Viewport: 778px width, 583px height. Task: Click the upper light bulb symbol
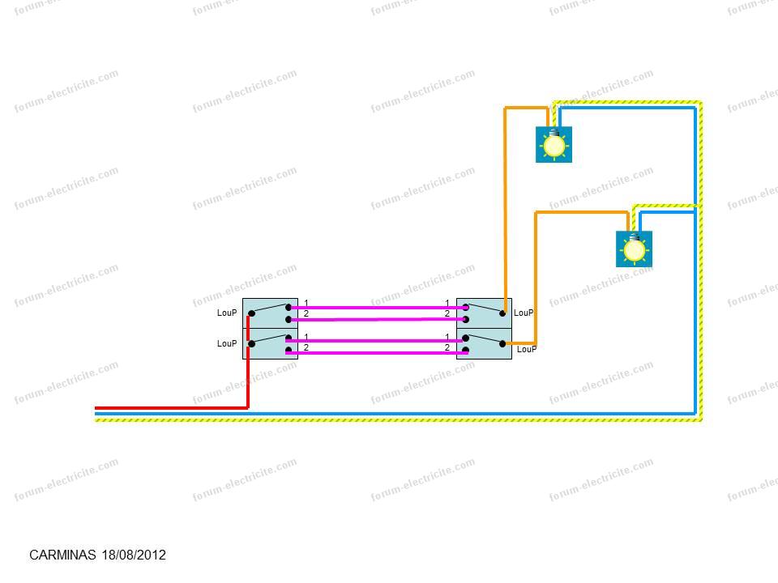tap(554, 144)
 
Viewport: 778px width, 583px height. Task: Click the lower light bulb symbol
tap(634, 249)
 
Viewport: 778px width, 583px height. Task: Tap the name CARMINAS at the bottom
tap(62, 555)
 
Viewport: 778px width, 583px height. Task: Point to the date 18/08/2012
tap(134, 555)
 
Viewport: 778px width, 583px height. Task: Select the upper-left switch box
tap(270, 313)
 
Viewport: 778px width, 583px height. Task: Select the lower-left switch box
tap(270, 343)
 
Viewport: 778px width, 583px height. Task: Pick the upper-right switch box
tap(484, 313)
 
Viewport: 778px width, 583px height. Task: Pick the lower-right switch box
tap(484, 343)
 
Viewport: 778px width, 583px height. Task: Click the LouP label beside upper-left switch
tap(227, 313)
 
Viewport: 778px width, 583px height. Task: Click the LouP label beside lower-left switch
tap(227, 343)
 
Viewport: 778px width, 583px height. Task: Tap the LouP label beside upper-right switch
tap(524, 313)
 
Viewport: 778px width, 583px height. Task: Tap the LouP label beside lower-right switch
tap(527, 349)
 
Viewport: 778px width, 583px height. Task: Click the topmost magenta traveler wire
tap(378, 308)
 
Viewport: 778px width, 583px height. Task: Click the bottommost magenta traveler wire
tap(377, 353)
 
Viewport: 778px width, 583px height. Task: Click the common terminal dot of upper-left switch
tap(251, 313)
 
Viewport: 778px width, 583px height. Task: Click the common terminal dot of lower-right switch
tap(502, 343)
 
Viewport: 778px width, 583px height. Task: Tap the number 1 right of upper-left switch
tap(306, 303)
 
